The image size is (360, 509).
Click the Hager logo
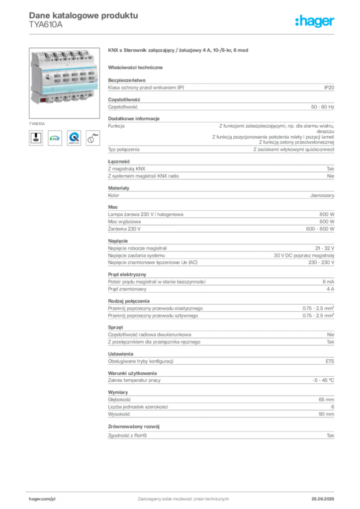pos(314,21)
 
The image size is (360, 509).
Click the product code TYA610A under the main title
pos(45,25)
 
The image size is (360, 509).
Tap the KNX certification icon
pos(55,138)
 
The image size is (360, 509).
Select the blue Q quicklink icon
pos(74,138)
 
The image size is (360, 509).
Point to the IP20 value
pos(329,87)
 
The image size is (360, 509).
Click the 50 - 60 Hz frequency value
pos(322,107)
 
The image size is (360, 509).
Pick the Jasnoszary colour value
pos(322,195)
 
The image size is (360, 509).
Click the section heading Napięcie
pos(118,241)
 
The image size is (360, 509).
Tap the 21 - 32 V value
pos(325,249)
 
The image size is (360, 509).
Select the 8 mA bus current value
pos(328,282)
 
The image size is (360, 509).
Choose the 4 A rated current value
pos(330,289)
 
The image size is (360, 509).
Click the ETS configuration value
pos(330,361)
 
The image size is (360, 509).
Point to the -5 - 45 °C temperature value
pos(323,380)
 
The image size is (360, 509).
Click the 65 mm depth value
pos(326,400)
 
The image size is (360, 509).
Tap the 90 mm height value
pos(326,414)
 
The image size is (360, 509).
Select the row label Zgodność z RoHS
pos(127,435)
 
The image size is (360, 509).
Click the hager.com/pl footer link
pos(42,499)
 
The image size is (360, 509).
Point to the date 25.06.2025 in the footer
pos(323,499)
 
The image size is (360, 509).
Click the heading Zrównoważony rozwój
pos(134,426)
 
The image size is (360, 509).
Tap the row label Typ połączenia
pos(124,150)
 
